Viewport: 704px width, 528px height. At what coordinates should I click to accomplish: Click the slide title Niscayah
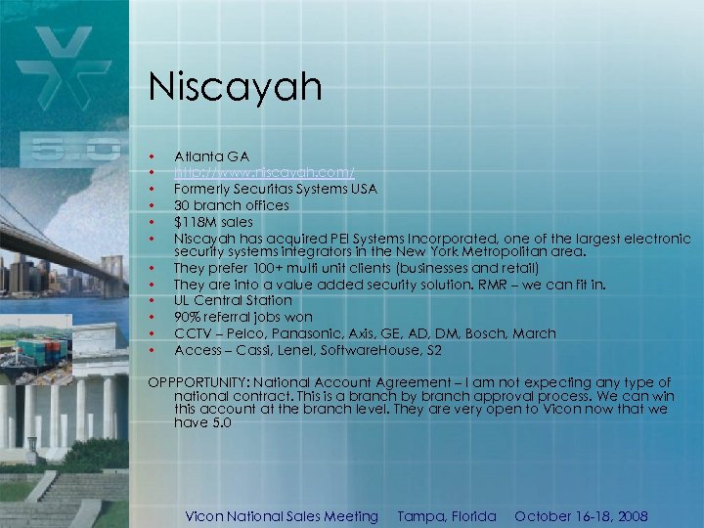click(235, 87)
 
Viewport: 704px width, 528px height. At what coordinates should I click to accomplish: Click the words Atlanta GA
click(211, 156)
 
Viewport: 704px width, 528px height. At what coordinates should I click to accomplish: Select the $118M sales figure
click(213, 222)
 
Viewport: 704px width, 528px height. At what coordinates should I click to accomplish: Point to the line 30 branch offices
click(232, 205)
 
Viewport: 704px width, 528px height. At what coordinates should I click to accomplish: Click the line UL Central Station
click(233, 300)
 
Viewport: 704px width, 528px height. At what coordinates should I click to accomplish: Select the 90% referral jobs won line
click(243, 317)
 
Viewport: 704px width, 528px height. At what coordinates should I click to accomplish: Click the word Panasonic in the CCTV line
click(297, 333)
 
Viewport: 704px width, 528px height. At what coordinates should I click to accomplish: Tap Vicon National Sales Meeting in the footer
click(282, 516)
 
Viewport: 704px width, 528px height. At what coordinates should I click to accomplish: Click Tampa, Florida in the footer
click(447, 516)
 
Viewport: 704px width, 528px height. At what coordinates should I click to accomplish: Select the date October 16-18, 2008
click(581, 516)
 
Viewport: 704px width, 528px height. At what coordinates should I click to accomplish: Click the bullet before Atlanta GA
click(153, 156)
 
